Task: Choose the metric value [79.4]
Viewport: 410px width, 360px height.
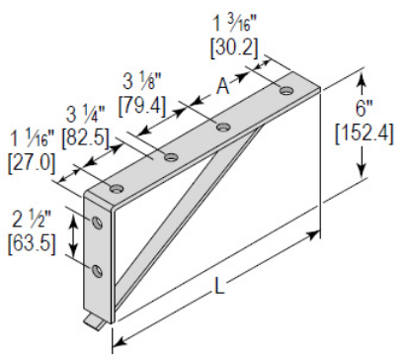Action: (x=141, y=101)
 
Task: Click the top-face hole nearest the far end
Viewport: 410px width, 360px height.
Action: (x=287, y=91)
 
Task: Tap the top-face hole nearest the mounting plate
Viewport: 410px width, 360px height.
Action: (x=118, y=188)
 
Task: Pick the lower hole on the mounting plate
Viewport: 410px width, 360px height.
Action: (x=97, y=269)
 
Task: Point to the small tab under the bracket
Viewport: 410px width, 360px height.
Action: (x=92, y=321)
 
